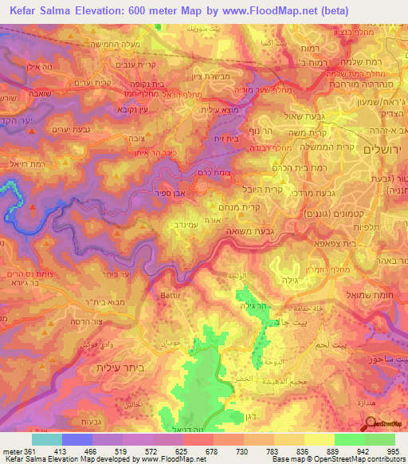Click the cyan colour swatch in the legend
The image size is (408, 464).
tap(46, 438)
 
